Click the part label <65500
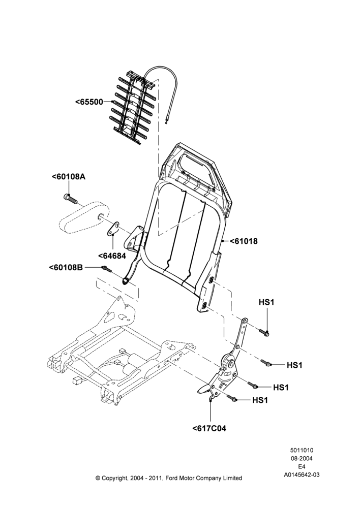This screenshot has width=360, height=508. [x=89, y=102]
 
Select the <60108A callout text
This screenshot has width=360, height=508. [x=69, y=177]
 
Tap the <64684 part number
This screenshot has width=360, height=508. [x=112, y=256]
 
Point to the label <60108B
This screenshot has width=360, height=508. [x=66, y=267]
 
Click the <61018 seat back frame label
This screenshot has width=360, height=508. [x=244, y=241]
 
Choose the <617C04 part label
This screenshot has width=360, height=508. [x=209, y=428]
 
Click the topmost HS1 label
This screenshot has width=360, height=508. [x=266, y=302]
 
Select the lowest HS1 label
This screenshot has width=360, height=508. [x=260, y=400]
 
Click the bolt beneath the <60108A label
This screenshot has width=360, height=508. [x=70, y=199]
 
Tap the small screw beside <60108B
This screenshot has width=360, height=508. [x=106, y=269]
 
